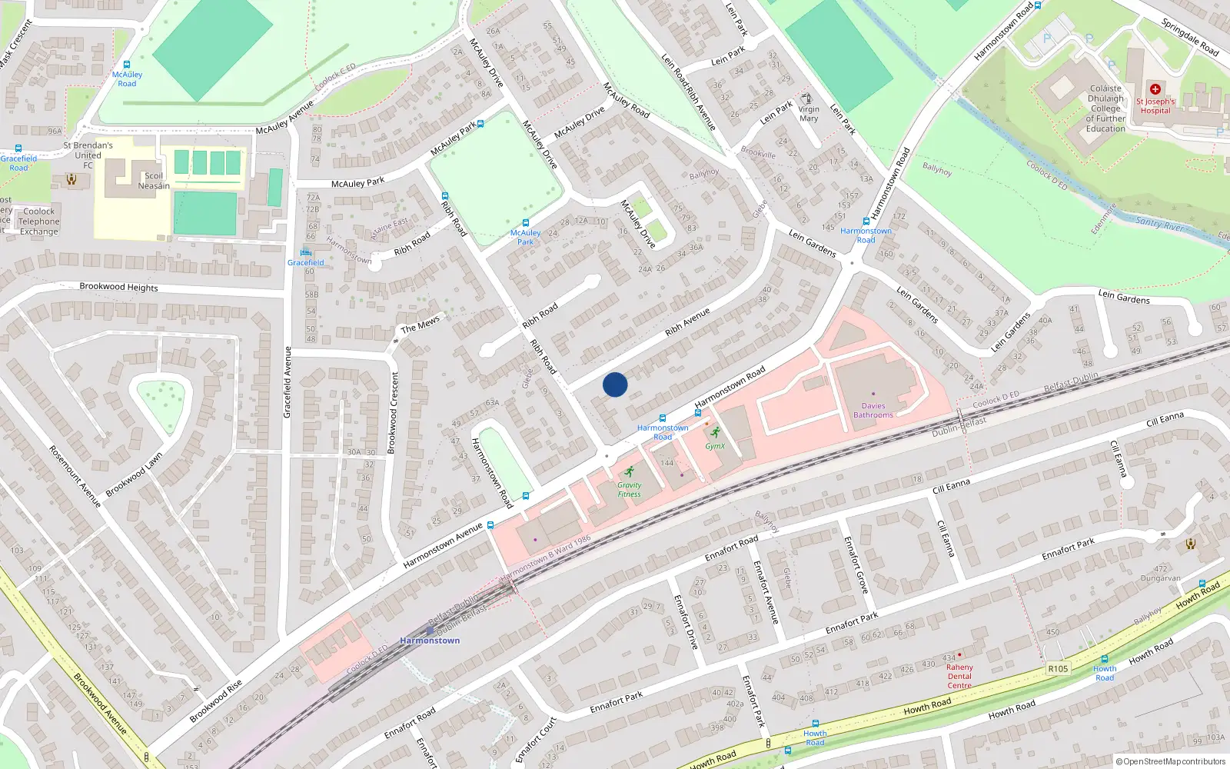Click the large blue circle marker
tap(615, 384)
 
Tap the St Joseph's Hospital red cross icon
tap(1155, 89)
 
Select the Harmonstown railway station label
tap(430, 641)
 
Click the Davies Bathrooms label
tap(873, 411)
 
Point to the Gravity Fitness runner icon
tap(630, 471)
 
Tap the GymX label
tap(715, 446)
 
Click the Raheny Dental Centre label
tap(959, 676)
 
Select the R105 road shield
tap(1058, 668)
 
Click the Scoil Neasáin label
tap(154, 181)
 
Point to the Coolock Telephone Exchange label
tap(38, 221)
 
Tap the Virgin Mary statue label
tap(809, 114)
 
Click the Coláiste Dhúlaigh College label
tap(1105, 108)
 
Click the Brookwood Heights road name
tap(118, 287)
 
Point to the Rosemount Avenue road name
tap(75, 477)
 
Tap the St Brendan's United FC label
tap(88, 155)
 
